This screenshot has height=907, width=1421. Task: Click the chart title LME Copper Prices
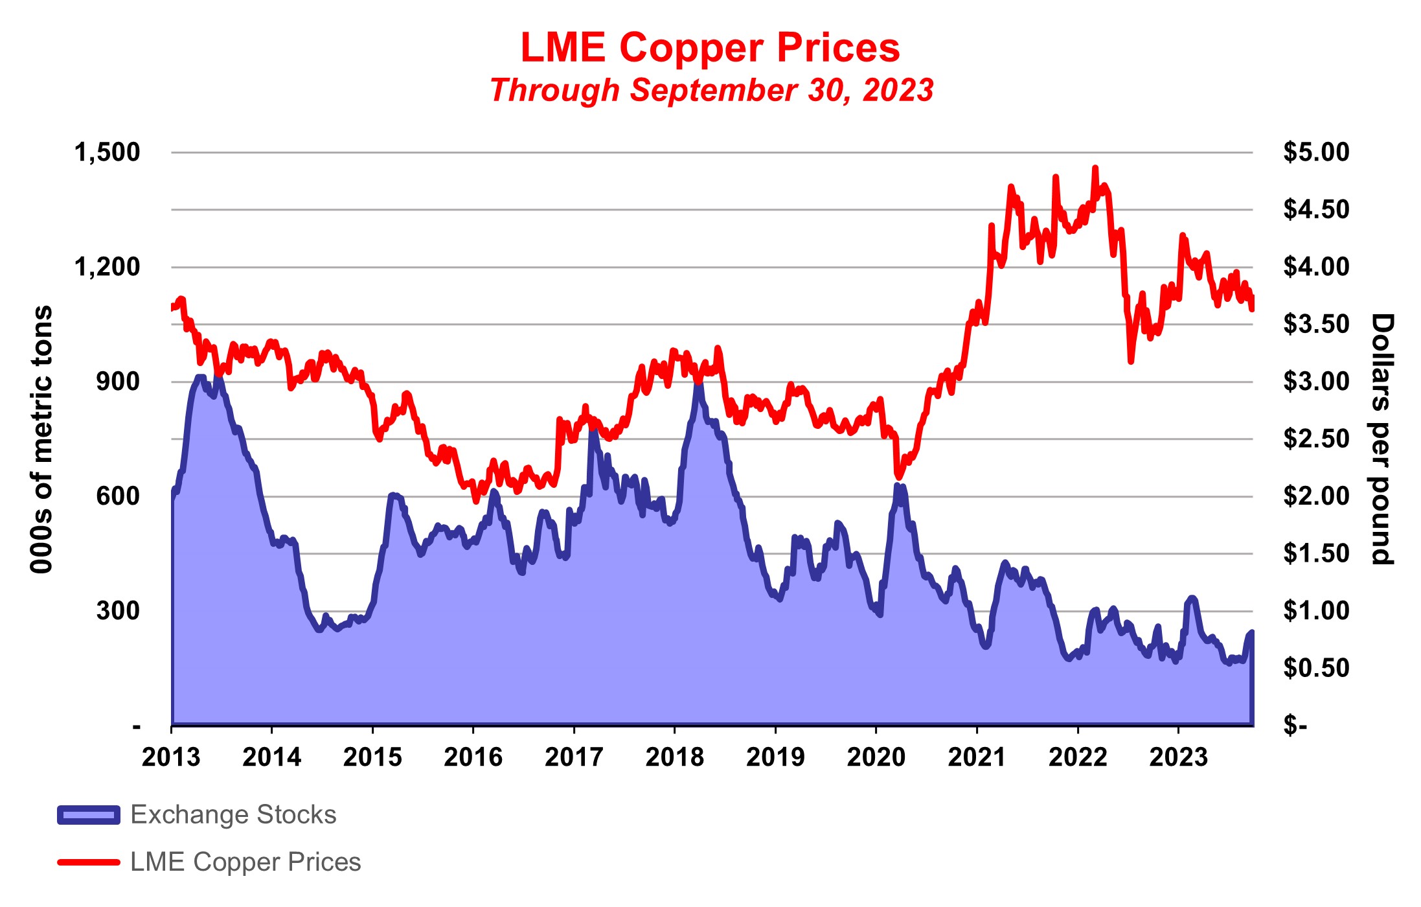(x=710, y=48)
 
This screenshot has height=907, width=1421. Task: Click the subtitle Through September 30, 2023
(x=711, y=90)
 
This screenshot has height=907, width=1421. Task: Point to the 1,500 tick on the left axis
(x=107, y=152)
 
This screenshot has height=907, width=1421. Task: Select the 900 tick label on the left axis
(x=118, y=382)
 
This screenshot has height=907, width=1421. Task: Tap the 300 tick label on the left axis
(x=118, y=611)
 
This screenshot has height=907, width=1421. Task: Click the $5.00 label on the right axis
(x=1316, y=152)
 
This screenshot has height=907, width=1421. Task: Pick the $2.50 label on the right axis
(x=1316, y=439)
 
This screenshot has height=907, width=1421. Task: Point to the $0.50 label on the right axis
(x=1316, y=668)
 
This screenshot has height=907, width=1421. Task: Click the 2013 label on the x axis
(x=171, y=757)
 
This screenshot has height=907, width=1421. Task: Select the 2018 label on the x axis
(x=674, y=757)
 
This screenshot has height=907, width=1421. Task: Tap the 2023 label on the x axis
(x=1178, y=757)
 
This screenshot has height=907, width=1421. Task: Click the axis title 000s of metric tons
(x=41, y=439)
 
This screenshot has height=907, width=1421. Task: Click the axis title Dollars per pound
(x=1381, y=439)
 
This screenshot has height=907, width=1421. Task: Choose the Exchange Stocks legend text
(x=233, y=815)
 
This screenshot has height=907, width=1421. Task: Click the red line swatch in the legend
(x=89, y=862)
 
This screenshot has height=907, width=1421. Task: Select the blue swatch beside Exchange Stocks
(x=89, y=815)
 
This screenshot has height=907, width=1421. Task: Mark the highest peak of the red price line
(x=1095, y=168)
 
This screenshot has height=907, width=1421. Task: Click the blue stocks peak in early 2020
(x=897, y=485)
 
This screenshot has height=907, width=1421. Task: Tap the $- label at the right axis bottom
(x=1295, y=726)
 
